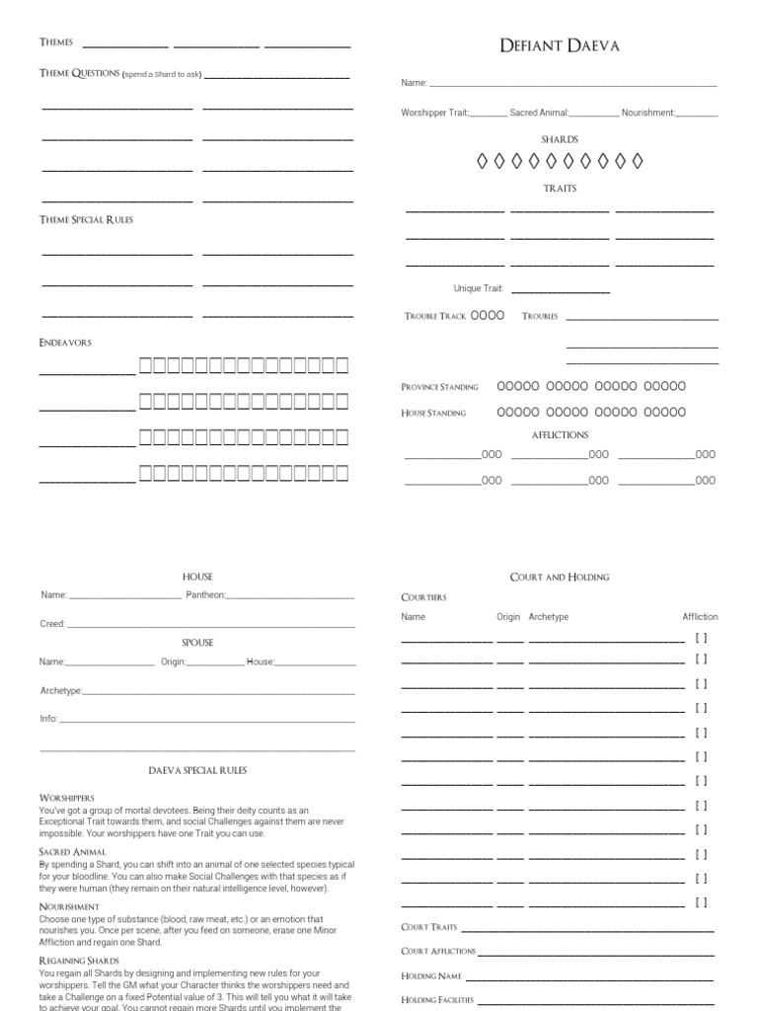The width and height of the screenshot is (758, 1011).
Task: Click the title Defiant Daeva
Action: click(x=560, y=45)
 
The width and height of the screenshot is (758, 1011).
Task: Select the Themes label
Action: click(x=56, y=42)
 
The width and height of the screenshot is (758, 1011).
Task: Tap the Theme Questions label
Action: click(x=79, y=73)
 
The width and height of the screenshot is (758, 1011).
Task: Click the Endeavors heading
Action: click(x=65, y=342)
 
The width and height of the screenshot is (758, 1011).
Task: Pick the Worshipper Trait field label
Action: click(x=434, y=113)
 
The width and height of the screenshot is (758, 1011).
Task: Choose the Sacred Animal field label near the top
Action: click(x=539, y=113)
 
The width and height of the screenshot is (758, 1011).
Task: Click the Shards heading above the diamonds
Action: click(x=560, y=139)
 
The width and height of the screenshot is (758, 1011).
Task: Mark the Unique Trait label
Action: click(x=479, y=288)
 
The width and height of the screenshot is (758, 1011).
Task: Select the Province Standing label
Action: click(x=440, y=387)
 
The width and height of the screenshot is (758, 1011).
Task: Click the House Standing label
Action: click(x=433, y=413)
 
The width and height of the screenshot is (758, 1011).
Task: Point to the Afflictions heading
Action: click(x=560, y=434)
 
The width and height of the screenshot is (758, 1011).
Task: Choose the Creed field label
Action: click(x=52, y=624)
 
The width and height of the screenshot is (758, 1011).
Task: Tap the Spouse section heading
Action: click(x=197, y=642)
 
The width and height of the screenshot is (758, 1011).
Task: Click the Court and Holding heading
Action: click(x=560, y=577)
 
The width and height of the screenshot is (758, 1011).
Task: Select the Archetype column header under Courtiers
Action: click(x=549, y=617)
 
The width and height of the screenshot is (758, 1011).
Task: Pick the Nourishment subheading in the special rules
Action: click(x=68, y=906)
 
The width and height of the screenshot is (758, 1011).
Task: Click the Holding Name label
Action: click(x=431, y=975)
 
